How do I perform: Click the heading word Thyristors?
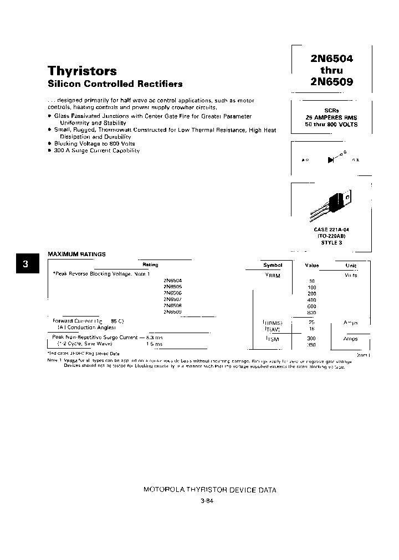[82, 71]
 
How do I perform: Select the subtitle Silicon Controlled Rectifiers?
[115, 84]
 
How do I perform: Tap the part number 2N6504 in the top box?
[331, 58]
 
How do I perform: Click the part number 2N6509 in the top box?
[331, 82]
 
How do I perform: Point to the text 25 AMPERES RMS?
[331, 117]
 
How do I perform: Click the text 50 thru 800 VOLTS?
[331, 125]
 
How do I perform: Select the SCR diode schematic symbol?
[331, 159]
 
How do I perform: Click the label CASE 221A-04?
[331, 229]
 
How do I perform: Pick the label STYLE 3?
[331, 242]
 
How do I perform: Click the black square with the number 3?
[25, 264]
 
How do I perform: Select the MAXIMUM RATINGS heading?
[76, 254]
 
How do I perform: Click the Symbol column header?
[272, 265]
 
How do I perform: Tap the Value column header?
[312, 265]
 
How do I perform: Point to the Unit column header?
[351, 265]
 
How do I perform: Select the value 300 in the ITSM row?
[311, 338]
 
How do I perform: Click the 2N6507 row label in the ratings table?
[172, 299]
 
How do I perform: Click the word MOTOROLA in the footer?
[162, 490]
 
